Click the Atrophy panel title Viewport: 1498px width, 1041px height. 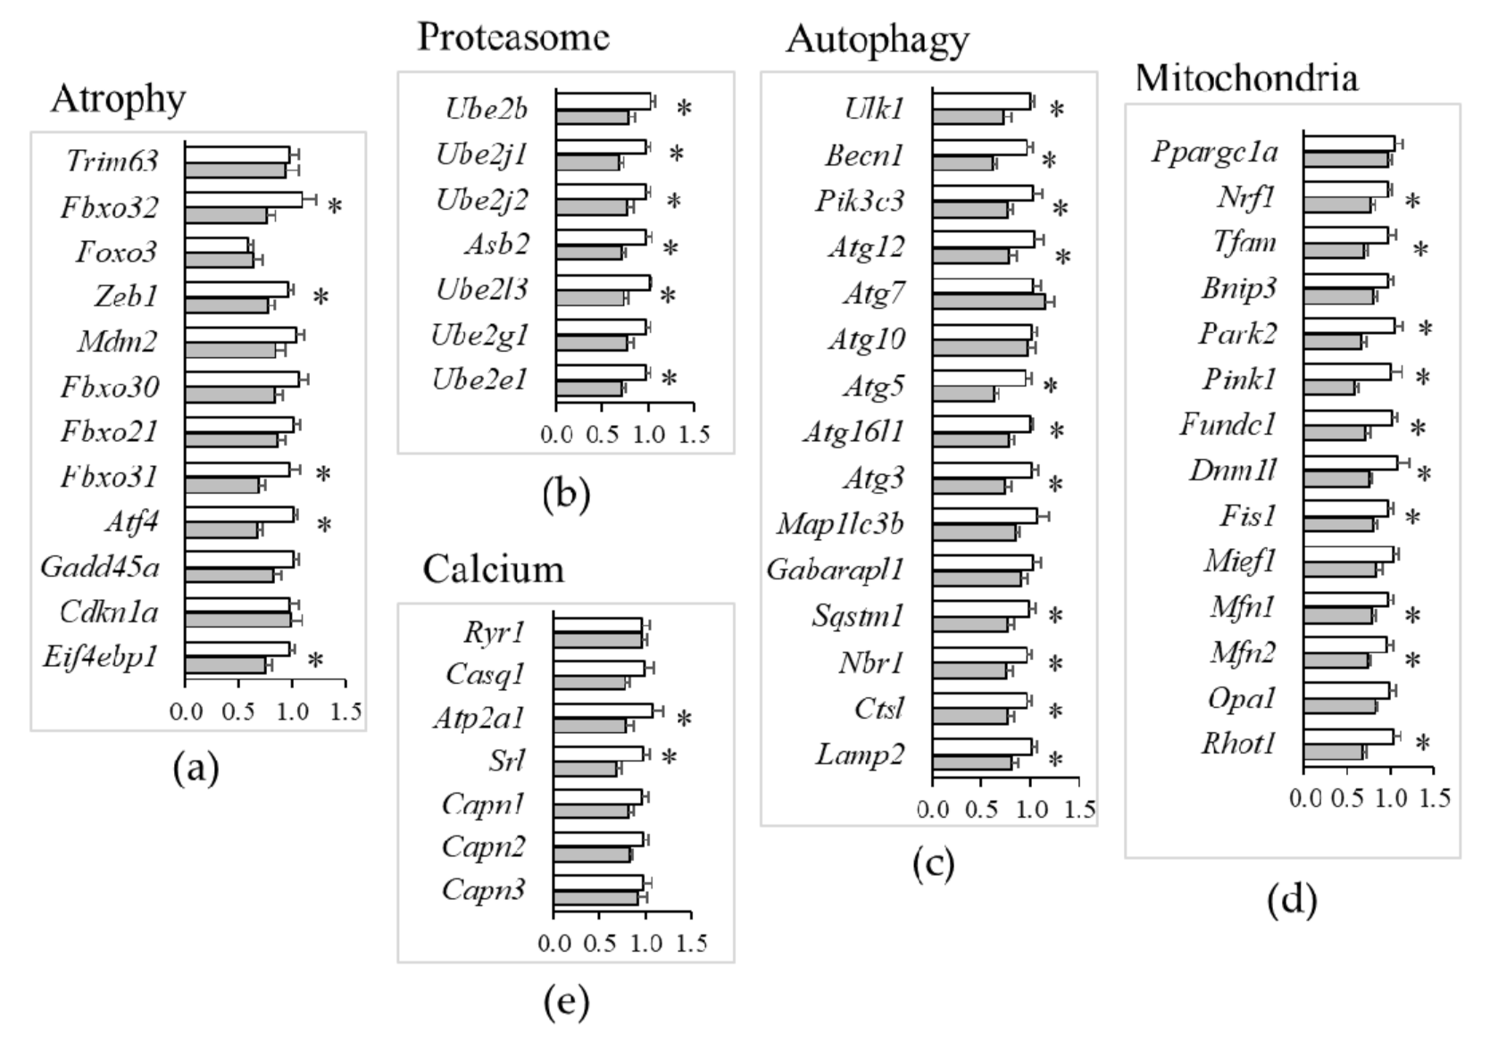click(118, 99)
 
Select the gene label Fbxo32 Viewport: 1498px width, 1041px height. click(109, 208)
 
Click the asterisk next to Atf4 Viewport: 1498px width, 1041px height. click(324, 525)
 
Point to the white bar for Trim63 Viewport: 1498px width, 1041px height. click(237, 154)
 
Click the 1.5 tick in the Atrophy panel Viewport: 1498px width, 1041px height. click(346, 712)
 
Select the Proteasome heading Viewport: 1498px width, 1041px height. click(513, 37)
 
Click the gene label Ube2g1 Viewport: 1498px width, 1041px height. click(479, 336)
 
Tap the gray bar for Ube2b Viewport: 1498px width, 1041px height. click(592, 117)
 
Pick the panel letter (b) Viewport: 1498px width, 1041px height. click(566, 494)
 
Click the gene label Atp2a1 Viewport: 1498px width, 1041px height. click(479, 719)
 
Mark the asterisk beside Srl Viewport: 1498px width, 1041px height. click(669, 758)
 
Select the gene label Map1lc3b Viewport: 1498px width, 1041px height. click(840, 523)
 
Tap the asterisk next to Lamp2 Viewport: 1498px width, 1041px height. click(1055, 760)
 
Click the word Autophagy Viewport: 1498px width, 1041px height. click(878, 40)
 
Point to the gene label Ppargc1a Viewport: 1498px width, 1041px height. click(1214, 152)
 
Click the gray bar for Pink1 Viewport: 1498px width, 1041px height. click(1328, 387)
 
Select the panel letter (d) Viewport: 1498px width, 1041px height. click(1291, 900)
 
